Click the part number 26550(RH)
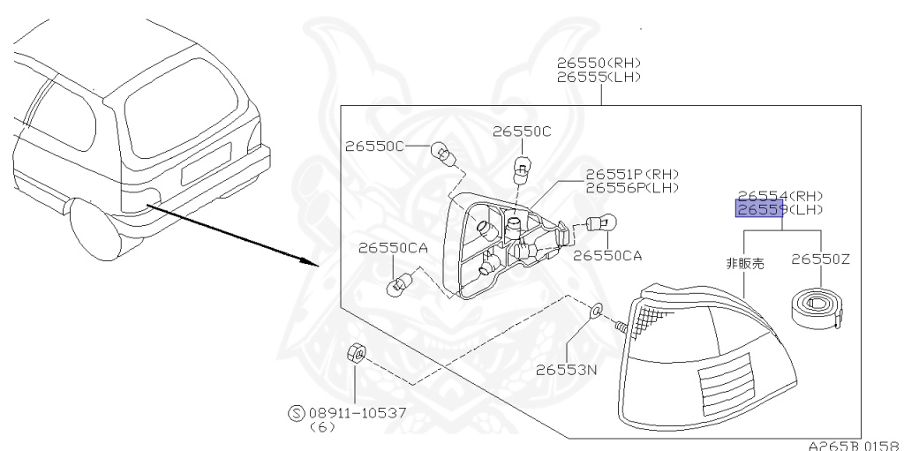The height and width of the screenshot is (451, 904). (599, 64)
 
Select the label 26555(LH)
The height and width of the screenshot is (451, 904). (599, 77)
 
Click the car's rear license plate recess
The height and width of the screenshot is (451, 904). (203, 169)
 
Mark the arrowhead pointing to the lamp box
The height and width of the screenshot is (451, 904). (311, 261)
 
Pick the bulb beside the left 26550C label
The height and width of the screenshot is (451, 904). (443, 158)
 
